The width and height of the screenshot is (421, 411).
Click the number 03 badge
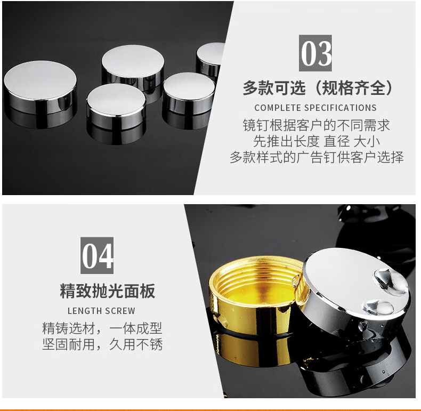click(315, 53)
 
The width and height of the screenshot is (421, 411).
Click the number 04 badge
click(97, 255)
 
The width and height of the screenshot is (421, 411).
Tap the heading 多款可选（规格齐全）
click(318, 87)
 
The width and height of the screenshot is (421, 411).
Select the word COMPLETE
click(278, 108)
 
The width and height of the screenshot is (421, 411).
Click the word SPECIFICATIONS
click(340, 108)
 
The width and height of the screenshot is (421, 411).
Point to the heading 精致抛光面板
click(108, 291)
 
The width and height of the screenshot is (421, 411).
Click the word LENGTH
click(85, 311)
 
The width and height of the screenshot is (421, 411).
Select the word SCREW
click(120, 311)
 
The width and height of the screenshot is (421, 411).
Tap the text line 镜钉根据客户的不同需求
click(317, 125)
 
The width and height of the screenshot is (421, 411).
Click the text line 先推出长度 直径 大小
click(317, 141)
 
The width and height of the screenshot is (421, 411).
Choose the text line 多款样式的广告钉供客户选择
click(317, 157)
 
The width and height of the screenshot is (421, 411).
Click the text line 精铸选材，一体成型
click(102, 328)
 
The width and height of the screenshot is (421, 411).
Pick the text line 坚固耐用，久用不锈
click(102, 344)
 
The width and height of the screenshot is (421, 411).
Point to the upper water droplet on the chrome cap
click(391, 281)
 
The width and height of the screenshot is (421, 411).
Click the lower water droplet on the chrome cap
click(378, 307)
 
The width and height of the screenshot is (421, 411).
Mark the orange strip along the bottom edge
click(210, 409)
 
